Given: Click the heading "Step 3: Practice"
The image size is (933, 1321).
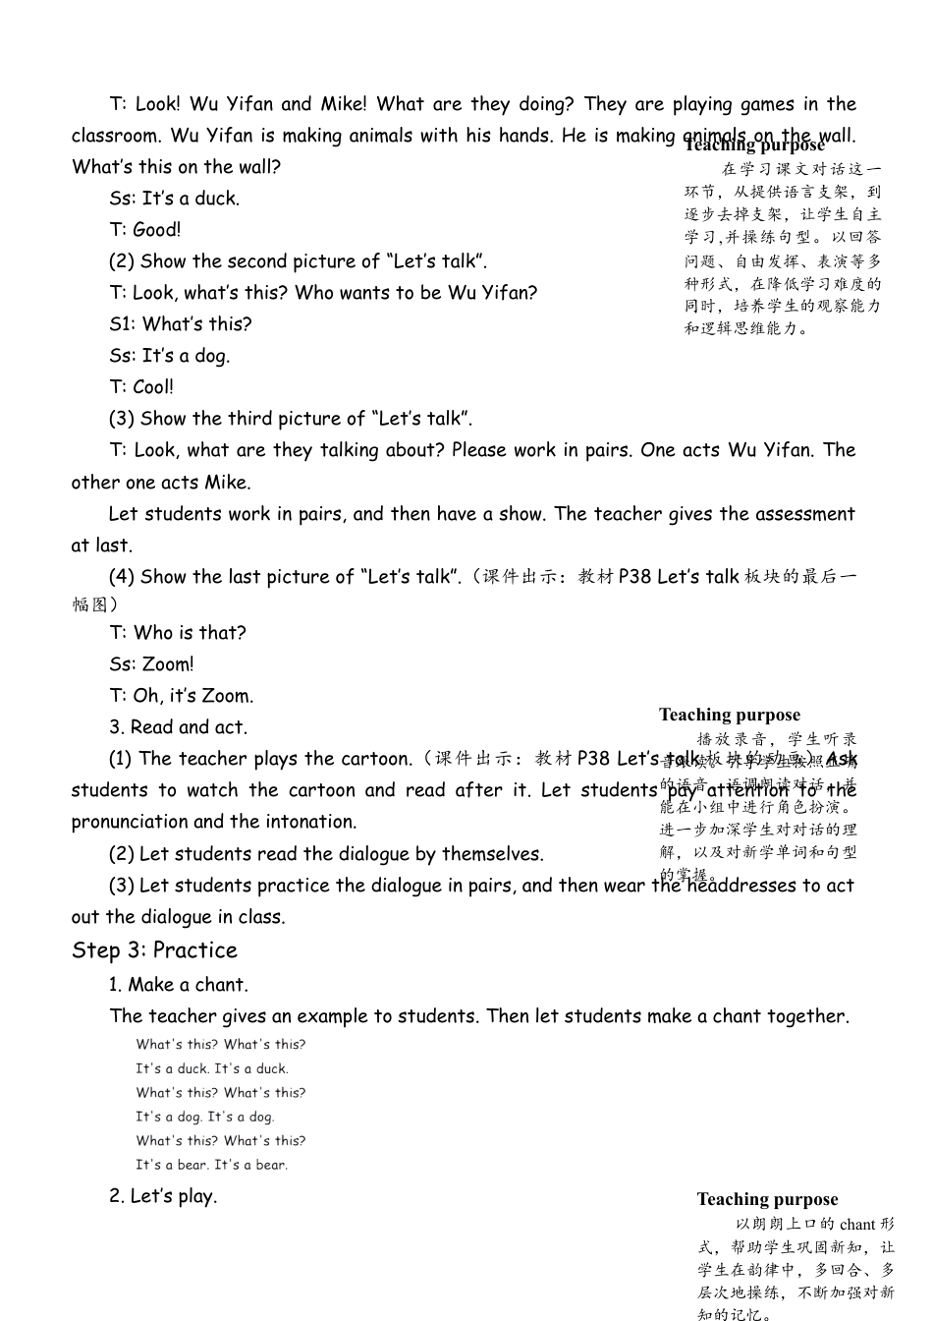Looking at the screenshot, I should [154, 950].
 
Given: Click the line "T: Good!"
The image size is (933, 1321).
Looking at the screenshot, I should [145, 230].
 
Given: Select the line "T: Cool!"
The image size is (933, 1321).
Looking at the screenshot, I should [141, 387].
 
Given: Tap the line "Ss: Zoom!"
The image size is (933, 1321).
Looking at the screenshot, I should [151, 664].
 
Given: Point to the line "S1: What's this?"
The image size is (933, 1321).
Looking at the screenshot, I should [181, 324].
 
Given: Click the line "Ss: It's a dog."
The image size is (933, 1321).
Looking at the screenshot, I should [169, 356].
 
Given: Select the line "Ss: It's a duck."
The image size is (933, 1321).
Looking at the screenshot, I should [174, 199].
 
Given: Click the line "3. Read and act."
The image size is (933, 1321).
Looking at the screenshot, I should [178, 727].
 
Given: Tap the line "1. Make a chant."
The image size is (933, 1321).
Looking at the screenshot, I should [179, 985].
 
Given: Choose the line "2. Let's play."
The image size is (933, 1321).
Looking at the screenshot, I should [163, 1196].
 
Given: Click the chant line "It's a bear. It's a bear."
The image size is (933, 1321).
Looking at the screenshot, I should [211, 1165].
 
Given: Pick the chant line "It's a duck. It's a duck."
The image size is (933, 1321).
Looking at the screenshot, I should [212, 1068].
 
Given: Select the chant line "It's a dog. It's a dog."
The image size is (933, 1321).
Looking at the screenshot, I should [205, 1117].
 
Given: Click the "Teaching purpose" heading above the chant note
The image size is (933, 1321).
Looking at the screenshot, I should [767, 1199].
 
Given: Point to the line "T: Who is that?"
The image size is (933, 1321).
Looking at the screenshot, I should [178, 633].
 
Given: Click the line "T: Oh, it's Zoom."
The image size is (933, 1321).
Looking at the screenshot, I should [181, 696].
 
